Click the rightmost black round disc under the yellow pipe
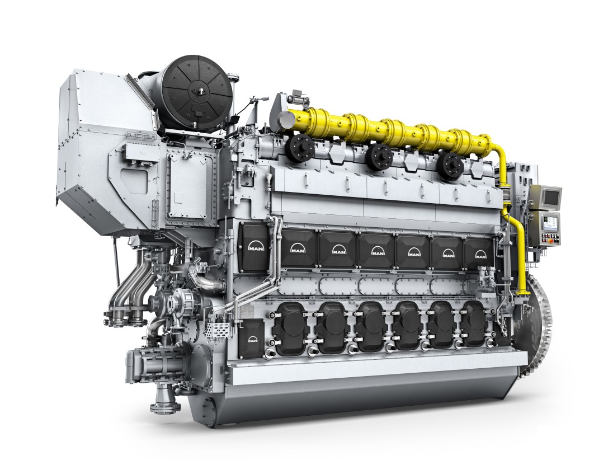(x=451, y=164)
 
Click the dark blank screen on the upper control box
(x=550, y=196)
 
